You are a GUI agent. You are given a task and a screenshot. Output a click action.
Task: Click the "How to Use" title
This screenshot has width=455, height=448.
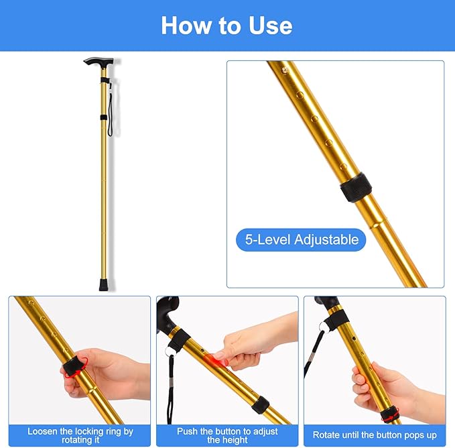tap(226, 25)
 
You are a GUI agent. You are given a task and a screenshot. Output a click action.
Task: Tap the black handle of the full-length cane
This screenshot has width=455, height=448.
tap(97, 62)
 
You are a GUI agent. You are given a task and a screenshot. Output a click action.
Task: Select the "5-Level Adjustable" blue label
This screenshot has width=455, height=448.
tap(301, 239)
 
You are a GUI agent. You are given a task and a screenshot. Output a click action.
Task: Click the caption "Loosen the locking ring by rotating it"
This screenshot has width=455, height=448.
tap(80, 435)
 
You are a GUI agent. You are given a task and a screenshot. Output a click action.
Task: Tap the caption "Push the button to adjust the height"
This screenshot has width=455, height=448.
tap(227, 435)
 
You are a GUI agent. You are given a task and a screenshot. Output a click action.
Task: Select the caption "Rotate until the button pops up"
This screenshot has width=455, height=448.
tap(375, 435)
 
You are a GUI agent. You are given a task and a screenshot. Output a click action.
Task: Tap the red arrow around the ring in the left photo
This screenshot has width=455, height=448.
tap(74, 366)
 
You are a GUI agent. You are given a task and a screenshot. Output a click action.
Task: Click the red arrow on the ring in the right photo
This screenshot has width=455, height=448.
tap(387, 416)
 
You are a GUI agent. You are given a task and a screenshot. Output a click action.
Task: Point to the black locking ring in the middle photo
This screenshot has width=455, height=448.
tap(260, 404)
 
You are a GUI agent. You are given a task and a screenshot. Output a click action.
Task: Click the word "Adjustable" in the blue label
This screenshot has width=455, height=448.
tap(326, 239)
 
